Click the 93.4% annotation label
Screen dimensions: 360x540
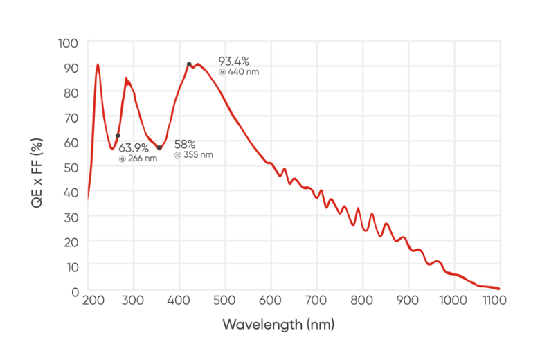tap(234, 61)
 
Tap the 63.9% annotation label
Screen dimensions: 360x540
tap(134, 147)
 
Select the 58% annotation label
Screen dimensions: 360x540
tap(185, 144)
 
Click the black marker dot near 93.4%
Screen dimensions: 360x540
tap(189, 64)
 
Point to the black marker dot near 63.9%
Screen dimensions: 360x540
tap(118, 136)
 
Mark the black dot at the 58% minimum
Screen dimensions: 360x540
tap(159, 147)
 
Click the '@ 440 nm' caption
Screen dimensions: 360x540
tap(239, 72)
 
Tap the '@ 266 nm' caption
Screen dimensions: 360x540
tap(138, 159)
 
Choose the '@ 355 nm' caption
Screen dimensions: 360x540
tap(194, 155)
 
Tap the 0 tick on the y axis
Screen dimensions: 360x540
tap(74, 291)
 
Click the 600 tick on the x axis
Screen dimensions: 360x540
tap(271, 300)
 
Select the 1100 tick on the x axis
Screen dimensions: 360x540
tap(495, 300)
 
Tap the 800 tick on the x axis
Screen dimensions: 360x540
tap(362, 300)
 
